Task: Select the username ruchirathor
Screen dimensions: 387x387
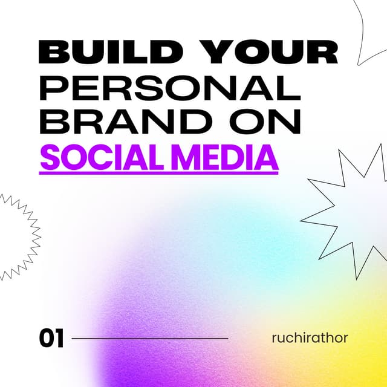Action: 310,337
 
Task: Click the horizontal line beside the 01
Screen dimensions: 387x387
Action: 150,339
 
